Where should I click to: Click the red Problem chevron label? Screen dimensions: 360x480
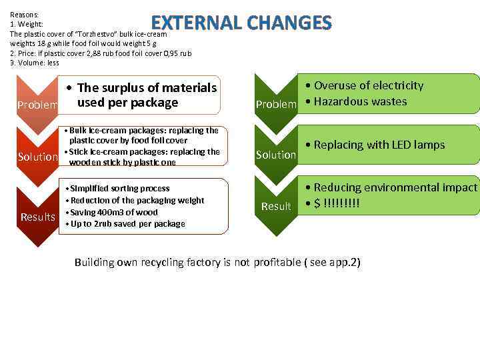click(37, 105)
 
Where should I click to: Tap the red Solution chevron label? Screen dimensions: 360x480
click(38, 157)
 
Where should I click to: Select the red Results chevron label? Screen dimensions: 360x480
click(38, 217)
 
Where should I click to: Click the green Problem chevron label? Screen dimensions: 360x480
click(276, 104)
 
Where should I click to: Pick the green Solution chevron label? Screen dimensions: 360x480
click(276, 155)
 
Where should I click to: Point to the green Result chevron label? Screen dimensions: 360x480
click(276, 206)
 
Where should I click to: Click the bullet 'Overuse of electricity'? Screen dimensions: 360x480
click(368, 85)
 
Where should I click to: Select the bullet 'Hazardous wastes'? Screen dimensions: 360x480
click(359, 101)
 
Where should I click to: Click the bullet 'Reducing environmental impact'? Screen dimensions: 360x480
click(395, 187)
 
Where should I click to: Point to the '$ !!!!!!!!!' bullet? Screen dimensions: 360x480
click(337, 202)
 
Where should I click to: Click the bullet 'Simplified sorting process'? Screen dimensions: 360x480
click(120, 189)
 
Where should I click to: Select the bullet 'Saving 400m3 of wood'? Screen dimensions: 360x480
click(114, 212)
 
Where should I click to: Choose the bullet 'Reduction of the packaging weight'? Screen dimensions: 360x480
click(137, 201)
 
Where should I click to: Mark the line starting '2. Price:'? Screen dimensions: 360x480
click(100, 53)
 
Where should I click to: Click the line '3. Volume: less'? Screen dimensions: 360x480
click(35, 63)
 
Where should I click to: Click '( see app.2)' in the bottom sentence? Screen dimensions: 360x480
click(332, 262)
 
